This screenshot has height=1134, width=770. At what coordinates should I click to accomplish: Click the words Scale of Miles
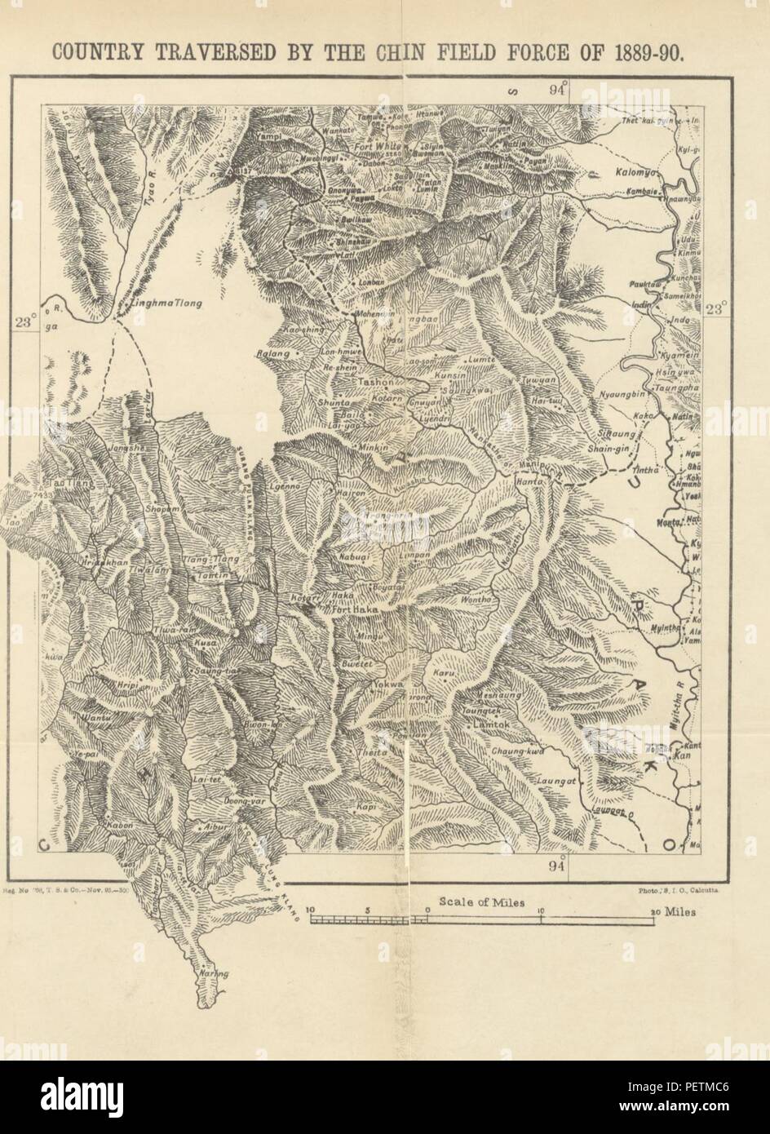point(481,902)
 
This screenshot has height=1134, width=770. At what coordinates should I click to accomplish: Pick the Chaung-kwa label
point(517,750)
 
